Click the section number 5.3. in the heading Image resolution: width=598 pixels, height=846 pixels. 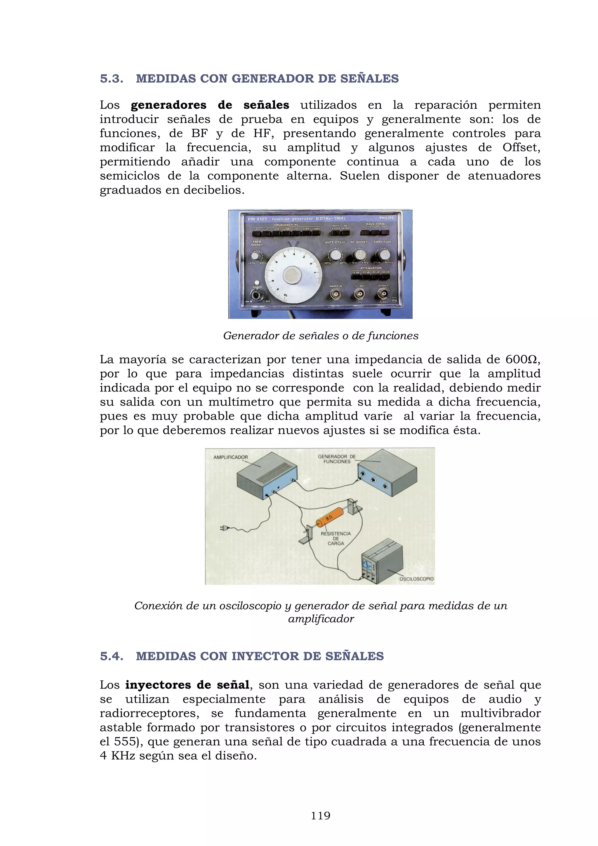click(x=112, y=79)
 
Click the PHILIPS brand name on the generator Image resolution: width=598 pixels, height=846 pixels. click(x=386, y=218)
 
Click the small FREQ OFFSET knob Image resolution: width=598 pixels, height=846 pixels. click(x=255, y=255)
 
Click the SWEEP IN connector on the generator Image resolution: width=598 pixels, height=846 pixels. click(x=335, y=294)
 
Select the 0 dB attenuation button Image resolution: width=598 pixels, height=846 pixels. click(x=356, y=276)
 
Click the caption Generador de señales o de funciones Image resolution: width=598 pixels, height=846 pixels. click(x=320, y=336)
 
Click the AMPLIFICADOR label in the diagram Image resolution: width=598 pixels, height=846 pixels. click(x=230, y=457)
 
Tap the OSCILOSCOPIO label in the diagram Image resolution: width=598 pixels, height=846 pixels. click(x=416, y=579)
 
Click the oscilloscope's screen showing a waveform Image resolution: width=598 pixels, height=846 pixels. click(x=367, y=564)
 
